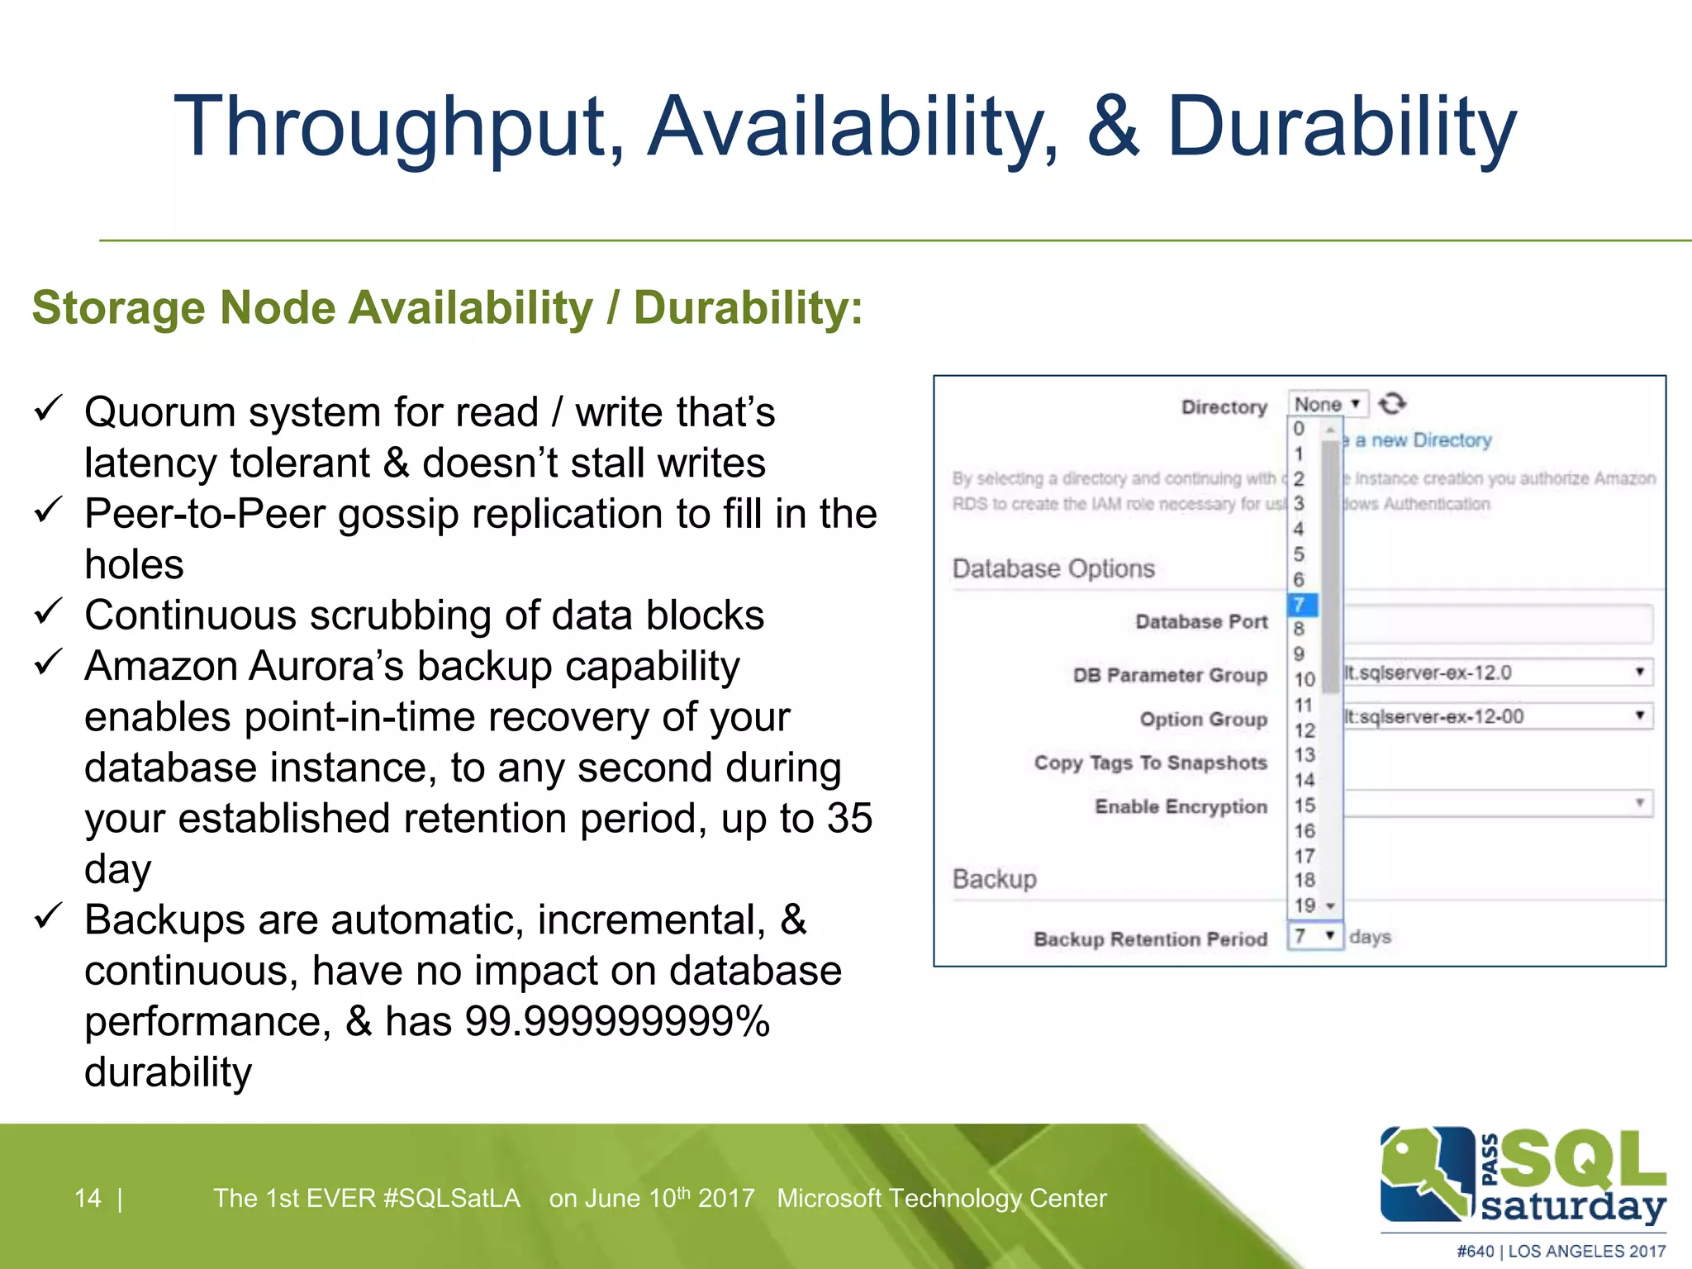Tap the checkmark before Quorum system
[x=49, y=408]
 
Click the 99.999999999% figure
[x=617, y=1021]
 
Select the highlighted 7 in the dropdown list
[x=1301, y=605]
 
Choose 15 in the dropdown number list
[x=1305, y=806]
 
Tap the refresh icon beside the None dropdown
[x=1392, y=403]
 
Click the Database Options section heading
[x=1053, y=568]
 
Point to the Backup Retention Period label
[x=1150, y=939]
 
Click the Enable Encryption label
[x=1181, y=806]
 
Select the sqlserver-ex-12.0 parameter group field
[x=1495, y=673]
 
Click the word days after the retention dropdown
[x=1370, y=937]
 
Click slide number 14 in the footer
[x=88, y=1198]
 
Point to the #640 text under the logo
[x=1475, y=1251]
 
